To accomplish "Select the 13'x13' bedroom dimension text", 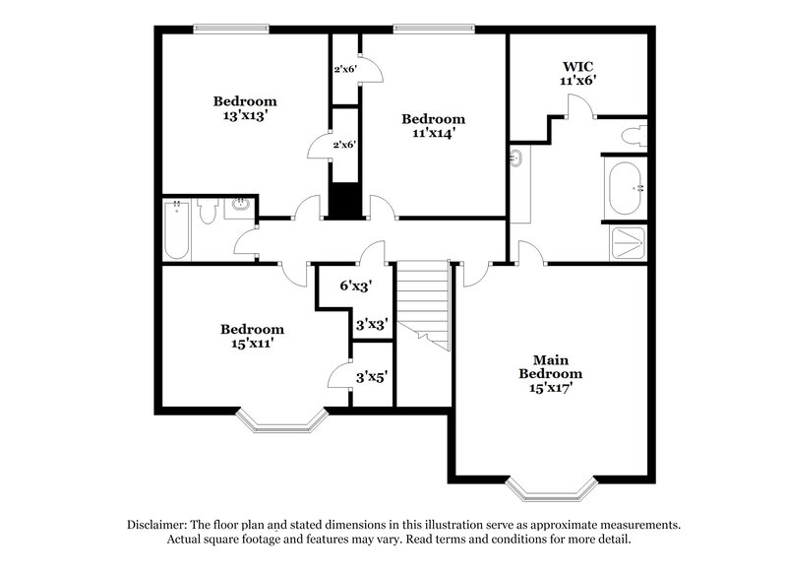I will [x=245, y=115].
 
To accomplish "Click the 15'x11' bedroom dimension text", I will [x=252, y=344].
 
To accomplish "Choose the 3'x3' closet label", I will [x=372, y=323].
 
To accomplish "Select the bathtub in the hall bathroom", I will [x=176, y=229].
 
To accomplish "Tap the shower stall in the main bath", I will [x=626, y=242].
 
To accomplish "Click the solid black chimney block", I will [x=344, y=201].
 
